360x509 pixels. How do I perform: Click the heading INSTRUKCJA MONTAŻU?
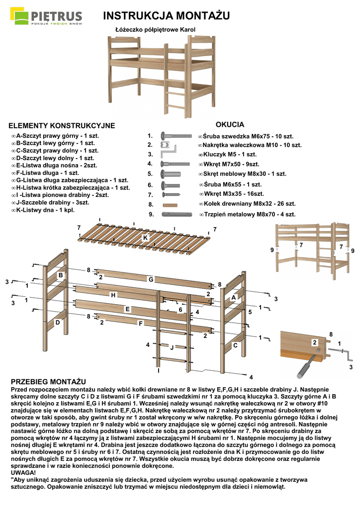pyautogui.click(x=166, y=16)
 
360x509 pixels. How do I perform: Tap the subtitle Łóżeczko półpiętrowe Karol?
pyautogui.click(x=156, y=30)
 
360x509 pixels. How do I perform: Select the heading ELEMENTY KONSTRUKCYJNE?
pyautogui.click(x=62, y=126)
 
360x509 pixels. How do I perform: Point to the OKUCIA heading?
pyautogui.click(x=230, y=124)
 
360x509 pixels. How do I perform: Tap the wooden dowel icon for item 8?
pyautogui.click(x=170, y=204)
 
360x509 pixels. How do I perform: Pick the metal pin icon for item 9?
pyautogui.click(x=177, y=214)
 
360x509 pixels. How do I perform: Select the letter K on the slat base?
pyautogui.click(x=145, y=238)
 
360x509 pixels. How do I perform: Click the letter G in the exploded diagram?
pyautogui.click(x=150, y=279)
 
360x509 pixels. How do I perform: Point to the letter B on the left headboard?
pyautogui.click(x=60, y=275)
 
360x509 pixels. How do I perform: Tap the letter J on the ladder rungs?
pyautogui.click(x=172, y=347)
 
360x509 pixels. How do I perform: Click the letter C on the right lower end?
pyautogui.click(x=235, y=344)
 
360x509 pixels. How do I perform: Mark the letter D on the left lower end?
pyautogui.click(x=58, y=322)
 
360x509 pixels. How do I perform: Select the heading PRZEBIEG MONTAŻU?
pyautogui.click(x=48, y=380)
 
